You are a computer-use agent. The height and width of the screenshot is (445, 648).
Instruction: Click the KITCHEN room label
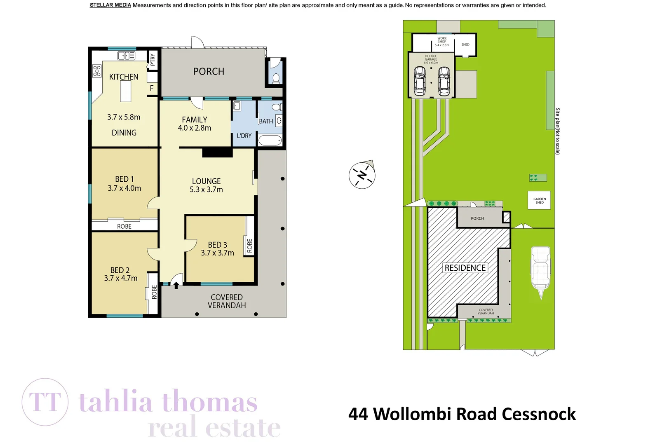124,77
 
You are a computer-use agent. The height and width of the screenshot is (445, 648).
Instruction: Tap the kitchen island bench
125,91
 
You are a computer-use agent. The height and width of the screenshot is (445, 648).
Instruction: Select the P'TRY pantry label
153,60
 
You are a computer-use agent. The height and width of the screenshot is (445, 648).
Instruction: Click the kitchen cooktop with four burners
97,71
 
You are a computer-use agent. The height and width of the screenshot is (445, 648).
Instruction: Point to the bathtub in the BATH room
270,141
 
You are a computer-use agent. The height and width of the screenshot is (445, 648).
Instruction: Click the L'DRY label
244,136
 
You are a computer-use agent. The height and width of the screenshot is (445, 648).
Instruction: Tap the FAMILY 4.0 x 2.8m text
195,124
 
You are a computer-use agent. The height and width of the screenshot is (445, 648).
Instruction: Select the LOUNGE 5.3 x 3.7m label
206,185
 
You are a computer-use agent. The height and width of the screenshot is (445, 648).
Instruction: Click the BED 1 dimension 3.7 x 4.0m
124,188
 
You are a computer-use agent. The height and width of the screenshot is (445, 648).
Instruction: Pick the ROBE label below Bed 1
124,226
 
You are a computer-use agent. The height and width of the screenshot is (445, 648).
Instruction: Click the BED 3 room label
217,245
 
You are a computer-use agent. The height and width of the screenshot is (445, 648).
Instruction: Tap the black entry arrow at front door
176,285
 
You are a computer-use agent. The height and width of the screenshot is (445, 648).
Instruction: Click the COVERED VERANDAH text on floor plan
227,301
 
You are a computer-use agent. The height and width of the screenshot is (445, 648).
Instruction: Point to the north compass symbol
362,175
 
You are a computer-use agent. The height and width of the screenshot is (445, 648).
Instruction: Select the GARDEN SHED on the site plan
539,200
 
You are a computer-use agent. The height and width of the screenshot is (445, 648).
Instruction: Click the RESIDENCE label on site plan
465,268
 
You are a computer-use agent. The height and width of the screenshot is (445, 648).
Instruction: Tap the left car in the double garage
419,81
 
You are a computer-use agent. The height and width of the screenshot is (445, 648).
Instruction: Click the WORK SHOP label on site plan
442,41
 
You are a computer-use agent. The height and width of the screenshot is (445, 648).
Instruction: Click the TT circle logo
45,402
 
